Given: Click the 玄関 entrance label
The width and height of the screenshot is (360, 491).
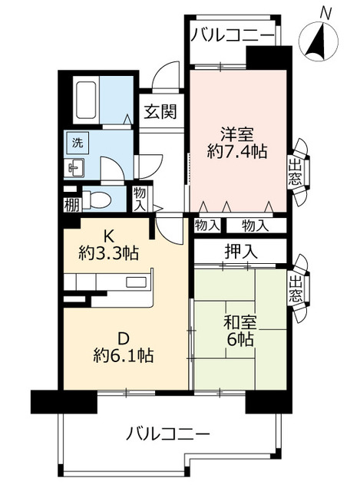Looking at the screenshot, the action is point(160,111).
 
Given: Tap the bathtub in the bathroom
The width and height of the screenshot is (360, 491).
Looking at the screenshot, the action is point(86,101).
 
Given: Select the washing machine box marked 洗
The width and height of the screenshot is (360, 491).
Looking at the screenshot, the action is point(78,143).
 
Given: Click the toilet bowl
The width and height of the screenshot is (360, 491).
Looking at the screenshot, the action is point(98,199).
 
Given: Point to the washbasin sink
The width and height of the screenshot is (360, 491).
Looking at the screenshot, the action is point(74,168).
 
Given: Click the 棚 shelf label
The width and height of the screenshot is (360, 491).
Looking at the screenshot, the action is point(71,205).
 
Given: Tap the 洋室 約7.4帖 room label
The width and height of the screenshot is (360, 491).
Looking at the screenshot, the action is point(237,143).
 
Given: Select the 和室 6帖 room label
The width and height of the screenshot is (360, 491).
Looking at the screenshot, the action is point(239,331).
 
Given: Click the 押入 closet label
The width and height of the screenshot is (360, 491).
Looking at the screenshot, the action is point(241,251).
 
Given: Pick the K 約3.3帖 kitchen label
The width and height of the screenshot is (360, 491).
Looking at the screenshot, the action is point(108,245).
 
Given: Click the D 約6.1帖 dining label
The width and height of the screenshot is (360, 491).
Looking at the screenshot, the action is point(124,348).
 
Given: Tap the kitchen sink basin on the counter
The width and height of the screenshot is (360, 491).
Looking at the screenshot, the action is point(137,282).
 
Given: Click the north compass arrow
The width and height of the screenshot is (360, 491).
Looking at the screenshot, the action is point(318,41).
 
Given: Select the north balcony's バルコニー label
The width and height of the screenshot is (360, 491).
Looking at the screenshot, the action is point(232,35).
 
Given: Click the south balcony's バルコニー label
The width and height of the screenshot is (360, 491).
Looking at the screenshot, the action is point(168,434).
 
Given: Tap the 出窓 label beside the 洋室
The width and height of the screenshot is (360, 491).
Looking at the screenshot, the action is point(296,172).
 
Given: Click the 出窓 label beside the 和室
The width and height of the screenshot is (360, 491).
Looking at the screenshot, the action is point(296,288).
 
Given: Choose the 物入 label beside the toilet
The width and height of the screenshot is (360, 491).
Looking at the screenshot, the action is point(140,199).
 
